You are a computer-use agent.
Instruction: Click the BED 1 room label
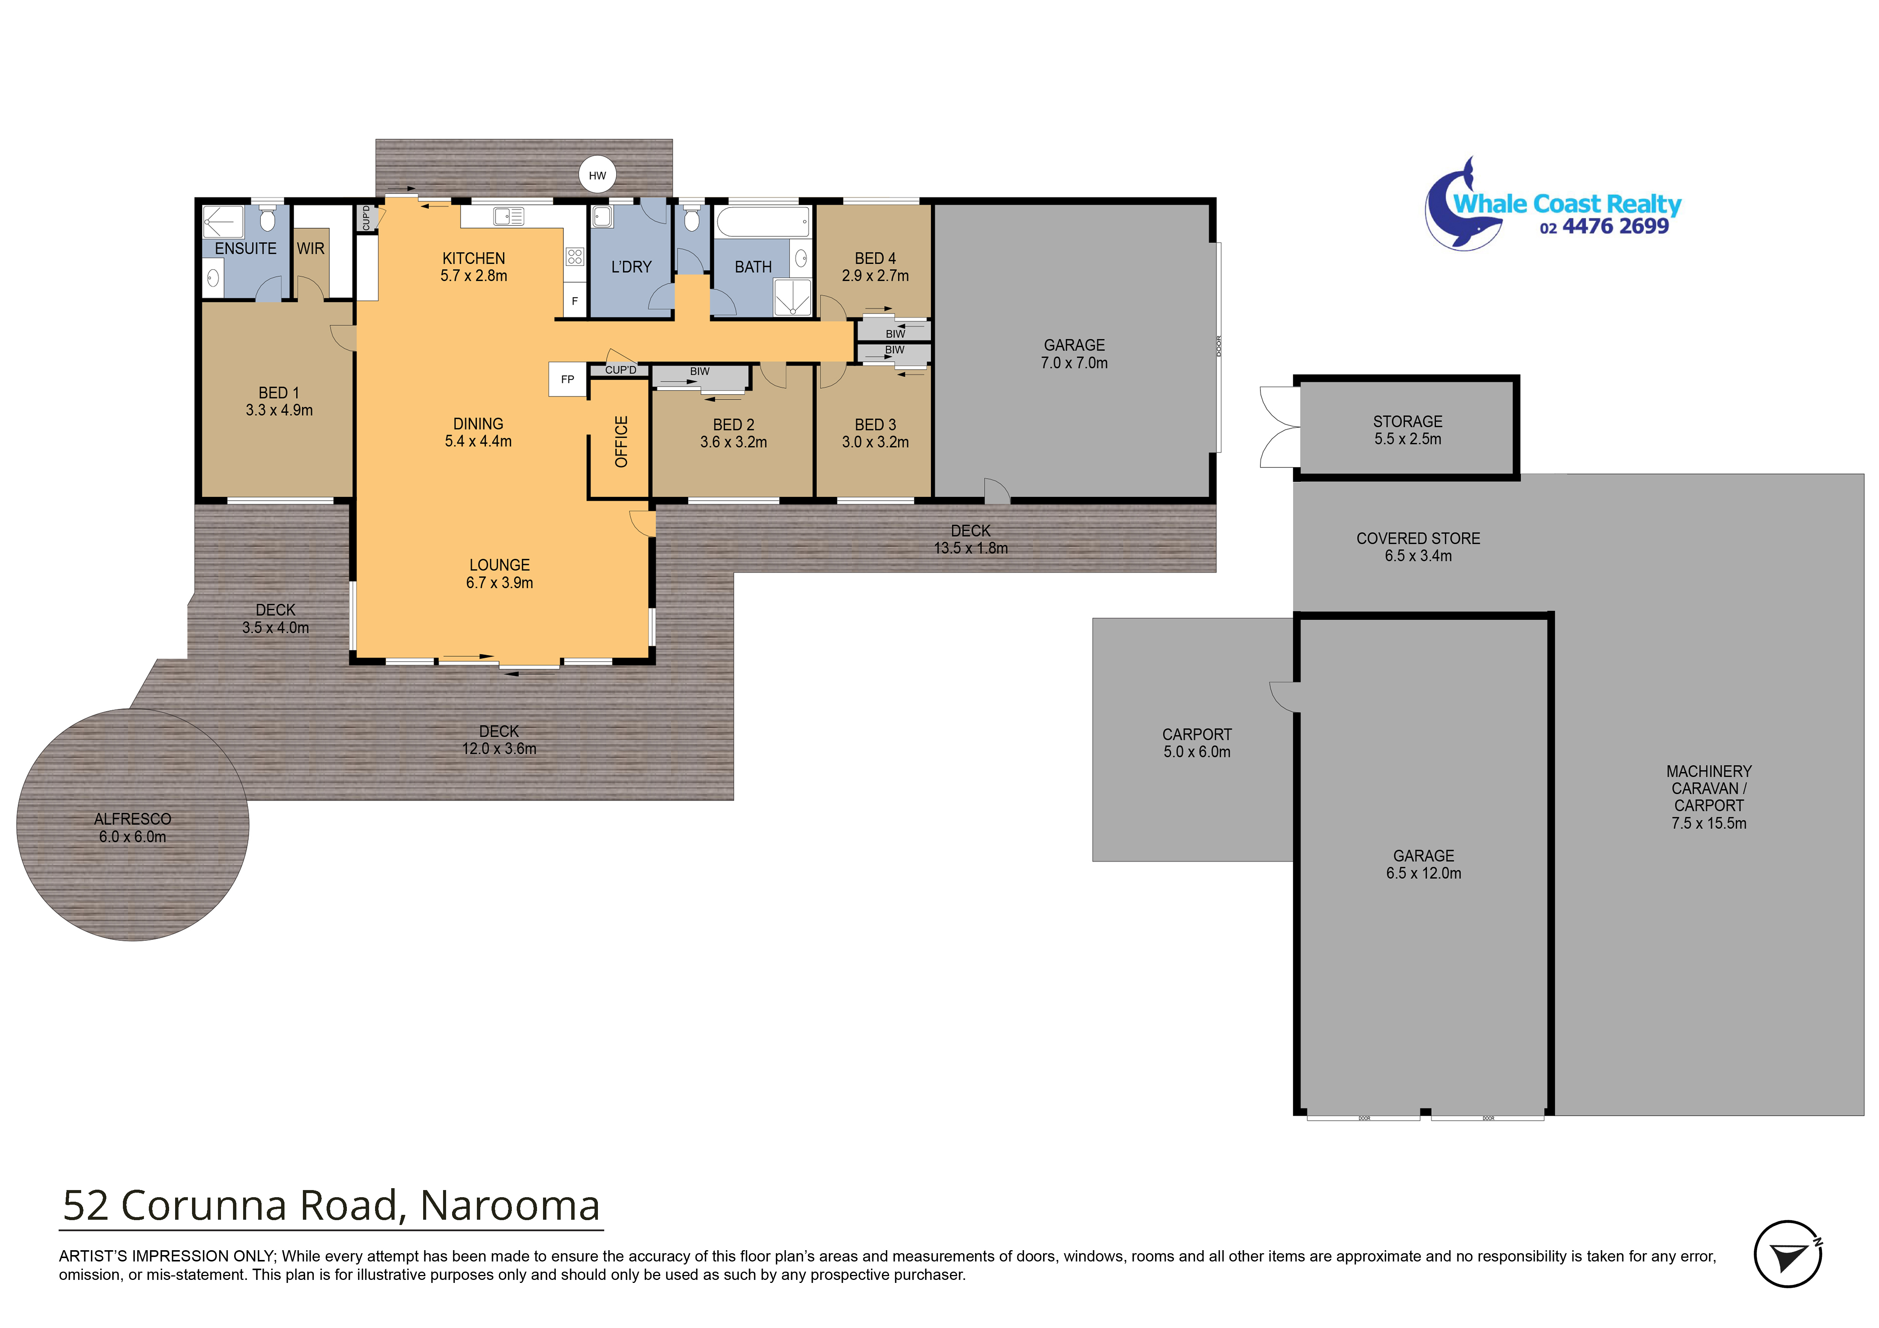pyautogui.click(x=279, y=401)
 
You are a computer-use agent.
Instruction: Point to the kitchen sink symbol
pyautogui.click(x=508, y=216)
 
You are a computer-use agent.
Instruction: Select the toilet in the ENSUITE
pyautogui.click(x=267, y=220)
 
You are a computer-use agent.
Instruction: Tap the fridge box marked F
pyautogui.click(x=575, y=301)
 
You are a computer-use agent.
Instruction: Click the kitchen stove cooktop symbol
pyautogui.click(x=575, y=257)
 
